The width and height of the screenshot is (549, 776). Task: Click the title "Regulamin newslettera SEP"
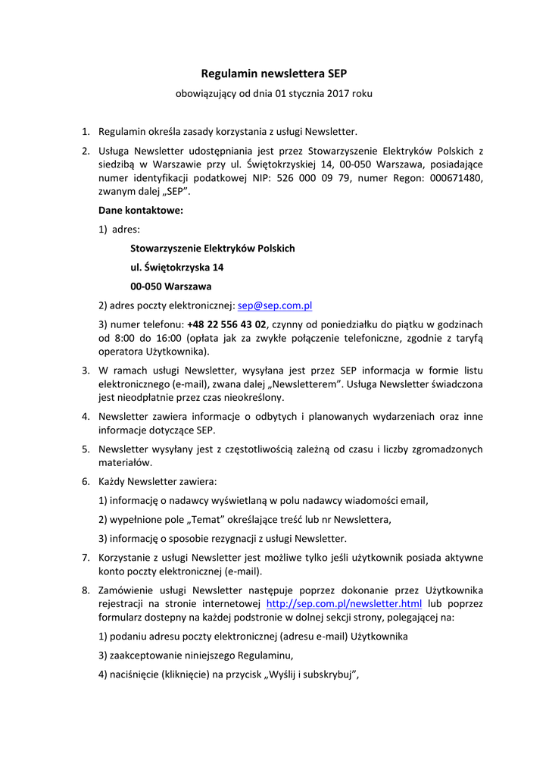click(x=273, y=74)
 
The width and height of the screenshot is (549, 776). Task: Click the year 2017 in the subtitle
click(x=341, y=94)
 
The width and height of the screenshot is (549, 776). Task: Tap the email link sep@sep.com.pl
click(x=275, y=305)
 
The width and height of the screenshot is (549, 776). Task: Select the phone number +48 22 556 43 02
click(x=226, y=324)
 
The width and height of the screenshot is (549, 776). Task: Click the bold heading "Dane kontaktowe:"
click(x=140, y=210)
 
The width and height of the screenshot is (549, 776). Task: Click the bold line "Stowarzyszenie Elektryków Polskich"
click(x=212, y=249)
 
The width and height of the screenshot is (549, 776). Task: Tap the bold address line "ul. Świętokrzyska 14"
click(x=176, y=268)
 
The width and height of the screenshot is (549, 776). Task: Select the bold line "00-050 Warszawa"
click(x=170, y=286)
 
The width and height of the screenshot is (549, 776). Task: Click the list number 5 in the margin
click(x=86, y=449)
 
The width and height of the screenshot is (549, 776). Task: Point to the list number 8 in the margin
click(x=86, y=590)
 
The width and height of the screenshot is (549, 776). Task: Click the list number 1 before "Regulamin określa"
click(x=86, y=132)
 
